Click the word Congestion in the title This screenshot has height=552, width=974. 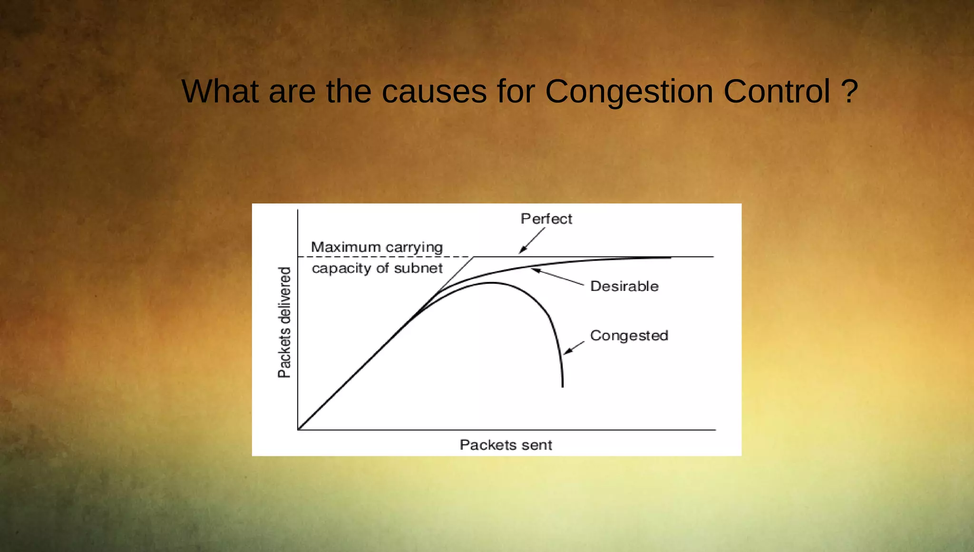point(629,91)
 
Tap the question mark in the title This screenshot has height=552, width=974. point(849,91)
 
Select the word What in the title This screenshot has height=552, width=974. point(220,91)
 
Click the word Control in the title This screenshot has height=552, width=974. point(777,91)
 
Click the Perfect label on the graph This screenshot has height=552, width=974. point(546,219)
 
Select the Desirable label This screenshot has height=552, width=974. point(624,286)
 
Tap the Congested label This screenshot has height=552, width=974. point(629,336)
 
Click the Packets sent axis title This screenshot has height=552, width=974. point(506,445)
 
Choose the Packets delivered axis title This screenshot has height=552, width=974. point(284,322)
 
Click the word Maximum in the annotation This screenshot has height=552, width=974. point(346,247)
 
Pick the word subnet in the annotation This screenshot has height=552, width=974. point(418,268)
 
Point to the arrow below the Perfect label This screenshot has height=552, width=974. point(532,241)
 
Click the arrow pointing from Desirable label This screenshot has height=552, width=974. point(557,277)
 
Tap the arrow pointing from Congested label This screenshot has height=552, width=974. point(574,348)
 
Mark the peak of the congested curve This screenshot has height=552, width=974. point(491,283)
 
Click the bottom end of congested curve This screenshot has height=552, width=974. point(563,386)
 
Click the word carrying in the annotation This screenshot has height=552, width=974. point(414,248)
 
